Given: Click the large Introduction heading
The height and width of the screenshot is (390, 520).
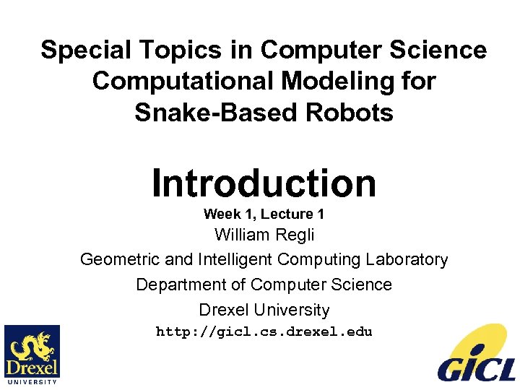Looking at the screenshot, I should point(264,183).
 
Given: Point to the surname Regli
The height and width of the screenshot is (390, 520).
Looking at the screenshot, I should point(297,235).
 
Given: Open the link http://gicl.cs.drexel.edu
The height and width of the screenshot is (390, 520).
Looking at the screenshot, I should point(264,332).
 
